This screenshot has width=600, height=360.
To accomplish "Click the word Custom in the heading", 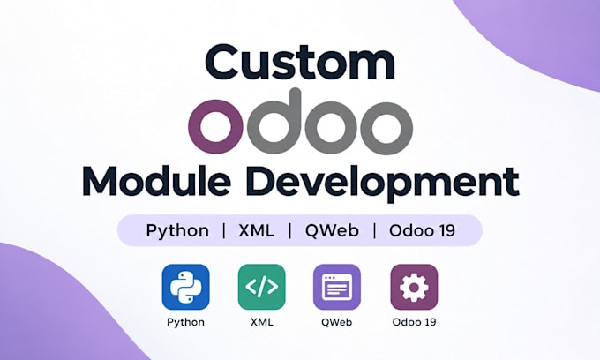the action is (300, 62).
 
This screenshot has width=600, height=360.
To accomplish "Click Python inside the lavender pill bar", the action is (177, 230).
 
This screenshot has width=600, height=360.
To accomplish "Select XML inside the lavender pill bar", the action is (257, 230).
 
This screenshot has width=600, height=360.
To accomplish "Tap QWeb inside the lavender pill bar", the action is (332, 230).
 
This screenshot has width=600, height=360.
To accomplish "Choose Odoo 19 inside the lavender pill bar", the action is (422, 230).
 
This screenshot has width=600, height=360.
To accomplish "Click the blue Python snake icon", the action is (185, 287).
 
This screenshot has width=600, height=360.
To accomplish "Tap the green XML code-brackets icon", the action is (262, 287).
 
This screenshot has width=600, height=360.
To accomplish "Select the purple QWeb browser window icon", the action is (337, 287).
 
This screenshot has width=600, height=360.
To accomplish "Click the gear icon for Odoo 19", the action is (414, 287).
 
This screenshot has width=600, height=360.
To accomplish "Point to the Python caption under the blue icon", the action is (185, 322).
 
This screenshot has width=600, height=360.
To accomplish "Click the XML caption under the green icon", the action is (262, 322).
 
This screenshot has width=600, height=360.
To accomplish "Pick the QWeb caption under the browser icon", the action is (337, 322).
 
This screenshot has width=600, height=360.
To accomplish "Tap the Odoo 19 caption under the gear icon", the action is (414, 322).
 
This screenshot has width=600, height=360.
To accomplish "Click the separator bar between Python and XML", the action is (224, 230).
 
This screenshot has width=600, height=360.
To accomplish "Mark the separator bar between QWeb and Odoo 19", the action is (375, 230).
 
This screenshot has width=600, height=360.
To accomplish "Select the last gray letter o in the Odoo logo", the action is (386, 126).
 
